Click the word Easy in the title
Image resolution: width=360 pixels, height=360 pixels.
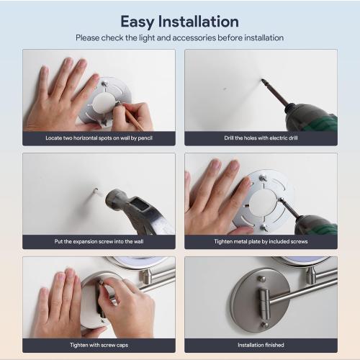(137, 22)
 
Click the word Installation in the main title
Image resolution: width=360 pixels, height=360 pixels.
(199, 22)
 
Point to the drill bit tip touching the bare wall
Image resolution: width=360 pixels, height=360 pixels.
(262, 80)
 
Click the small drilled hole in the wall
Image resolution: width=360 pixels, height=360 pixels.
(225, 89)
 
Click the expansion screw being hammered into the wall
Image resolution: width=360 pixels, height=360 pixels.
(96, 192)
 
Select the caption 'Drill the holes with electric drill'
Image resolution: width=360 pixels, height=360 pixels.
(261, 138)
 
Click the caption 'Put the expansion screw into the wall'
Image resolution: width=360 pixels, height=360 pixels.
(99, 241)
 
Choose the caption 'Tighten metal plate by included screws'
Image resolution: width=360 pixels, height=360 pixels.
(261, 241)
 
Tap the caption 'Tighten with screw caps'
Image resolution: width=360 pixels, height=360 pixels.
(99, 345)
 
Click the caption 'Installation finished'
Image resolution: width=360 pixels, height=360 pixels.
(261, 345)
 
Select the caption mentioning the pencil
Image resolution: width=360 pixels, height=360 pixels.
(99, 138)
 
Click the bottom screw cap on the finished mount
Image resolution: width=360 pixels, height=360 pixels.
(264, 325)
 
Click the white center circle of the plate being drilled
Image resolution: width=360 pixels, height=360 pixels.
(263, 202)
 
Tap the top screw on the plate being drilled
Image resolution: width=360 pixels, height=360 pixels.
(263, 178)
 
